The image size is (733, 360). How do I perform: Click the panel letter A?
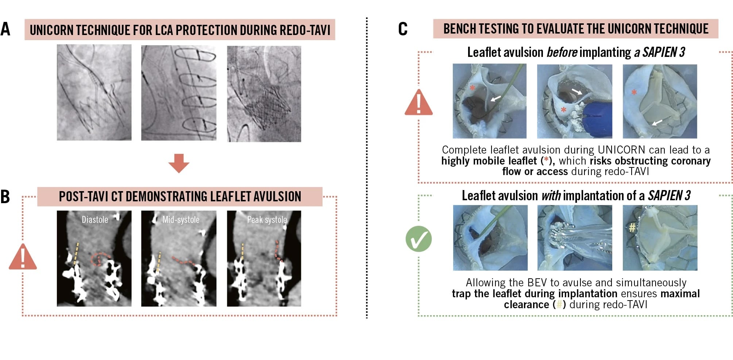5,29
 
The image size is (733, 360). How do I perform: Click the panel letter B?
5,197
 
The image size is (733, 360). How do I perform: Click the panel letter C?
403,29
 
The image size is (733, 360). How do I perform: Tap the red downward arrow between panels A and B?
179,163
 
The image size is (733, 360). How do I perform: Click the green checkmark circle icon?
418,239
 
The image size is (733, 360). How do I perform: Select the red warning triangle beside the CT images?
23,258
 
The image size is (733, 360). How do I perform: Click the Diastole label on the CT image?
95,220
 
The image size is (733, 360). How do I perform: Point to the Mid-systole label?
181,220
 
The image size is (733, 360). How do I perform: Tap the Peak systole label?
267,220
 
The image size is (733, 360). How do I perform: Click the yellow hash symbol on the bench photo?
632,228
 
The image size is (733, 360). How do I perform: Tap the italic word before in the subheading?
562,53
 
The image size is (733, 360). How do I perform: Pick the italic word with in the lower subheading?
551,196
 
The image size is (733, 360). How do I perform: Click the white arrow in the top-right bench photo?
657,122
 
